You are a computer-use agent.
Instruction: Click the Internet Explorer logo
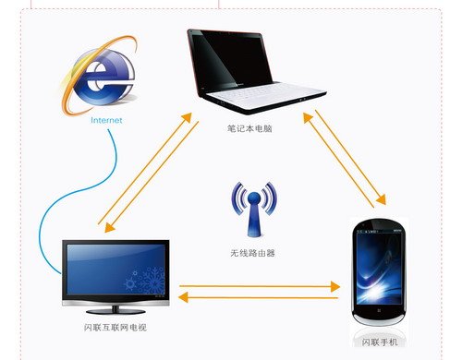(x=99, y=76)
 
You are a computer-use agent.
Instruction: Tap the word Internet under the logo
(x=106, y=120)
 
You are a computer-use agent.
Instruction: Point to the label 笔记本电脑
(x=249, y=128)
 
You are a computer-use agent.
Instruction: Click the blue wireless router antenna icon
(x=254, y=210)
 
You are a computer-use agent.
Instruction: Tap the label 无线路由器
(x=252, y=253)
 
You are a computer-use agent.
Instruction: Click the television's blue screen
(x=115, y=270)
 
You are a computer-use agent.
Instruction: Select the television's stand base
(x=115, y=311)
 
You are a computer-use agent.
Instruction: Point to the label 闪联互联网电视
(x=115, y=328)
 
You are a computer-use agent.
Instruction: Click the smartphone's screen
(x=379, y=269)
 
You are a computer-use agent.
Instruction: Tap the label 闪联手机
(x=380, y=342)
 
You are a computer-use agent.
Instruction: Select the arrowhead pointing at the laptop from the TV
(x=186, y=119)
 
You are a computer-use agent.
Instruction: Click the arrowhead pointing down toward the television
(x=109, y=227)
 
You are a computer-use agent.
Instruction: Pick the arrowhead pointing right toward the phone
(x=335, y=286)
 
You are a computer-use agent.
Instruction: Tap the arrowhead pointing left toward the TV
(x=183, y=297)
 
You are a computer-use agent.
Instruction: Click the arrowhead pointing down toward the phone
(x=382, y=199)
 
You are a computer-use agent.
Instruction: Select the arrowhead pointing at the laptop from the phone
(x=308, y=118)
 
